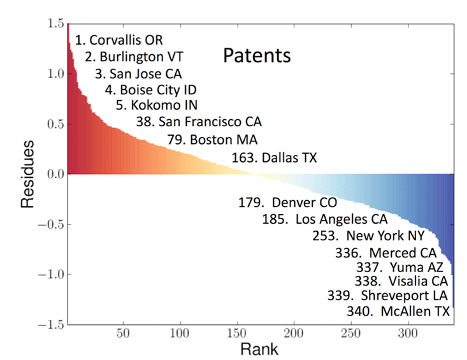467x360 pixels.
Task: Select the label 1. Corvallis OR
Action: tap(119, 40)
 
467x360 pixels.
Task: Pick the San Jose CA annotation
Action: tap(138, 73)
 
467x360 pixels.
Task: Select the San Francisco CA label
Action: tap(199, 121)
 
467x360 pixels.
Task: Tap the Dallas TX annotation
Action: tap(275, 156)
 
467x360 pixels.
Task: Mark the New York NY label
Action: tap(364, 236)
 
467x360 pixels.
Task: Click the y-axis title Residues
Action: tap(27, 174)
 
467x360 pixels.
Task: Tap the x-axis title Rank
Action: tap(259, 349)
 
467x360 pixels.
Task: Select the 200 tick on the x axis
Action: tap(294, 334)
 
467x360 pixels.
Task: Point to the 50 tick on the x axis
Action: tap(124, 334)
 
